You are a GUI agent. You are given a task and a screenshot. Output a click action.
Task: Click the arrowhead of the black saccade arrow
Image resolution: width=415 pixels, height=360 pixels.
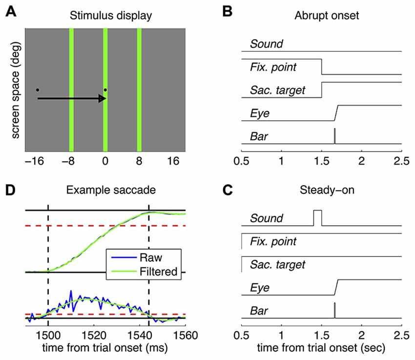pyautogui.click(x=103, y=99)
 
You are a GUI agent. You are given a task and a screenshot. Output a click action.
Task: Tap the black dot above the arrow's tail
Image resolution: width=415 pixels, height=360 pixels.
pyautogui.click(x=38, y=90)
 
